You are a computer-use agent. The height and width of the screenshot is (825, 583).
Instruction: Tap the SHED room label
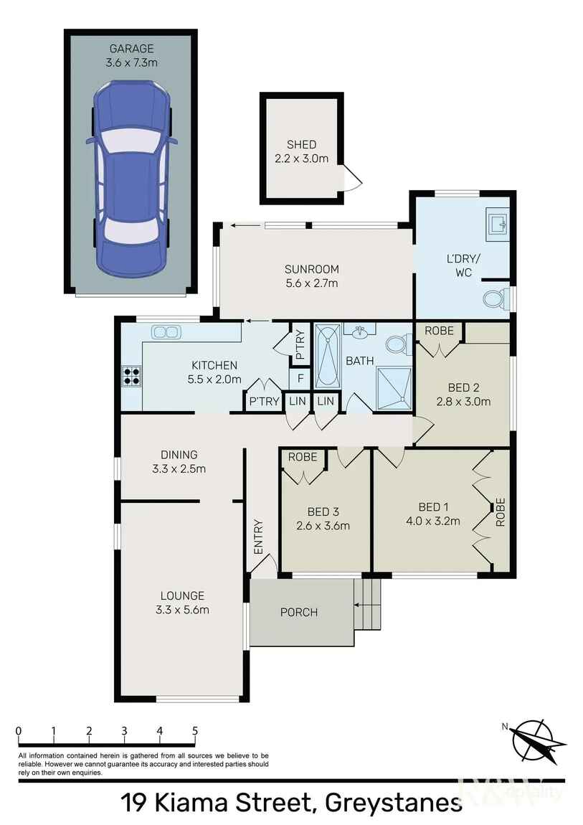(301, 144)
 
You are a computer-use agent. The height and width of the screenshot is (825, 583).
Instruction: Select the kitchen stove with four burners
(131, 377)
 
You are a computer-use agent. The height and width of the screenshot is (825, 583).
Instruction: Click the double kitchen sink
(166, 332)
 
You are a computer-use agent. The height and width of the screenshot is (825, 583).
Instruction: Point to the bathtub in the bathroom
(327, 357)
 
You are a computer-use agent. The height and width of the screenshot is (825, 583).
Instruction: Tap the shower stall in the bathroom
(394, 388)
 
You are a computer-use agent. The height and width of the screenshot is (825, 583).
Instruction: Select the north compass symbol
(536, 740)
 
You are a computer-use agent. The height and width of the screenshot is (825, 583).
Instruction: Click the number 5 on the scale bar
(195, 731)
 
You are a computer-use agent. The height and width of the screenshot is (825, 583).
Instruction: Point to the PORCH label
(298, 613)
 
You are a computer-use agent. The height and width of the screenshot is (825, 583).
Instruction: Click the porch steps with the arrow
(367, 605)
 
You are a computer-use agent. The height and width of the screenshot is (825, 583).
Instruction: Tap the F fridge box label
(300, 378)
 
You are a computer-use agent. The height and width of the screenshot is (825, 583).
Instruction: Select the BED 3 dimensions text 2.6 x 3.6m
(323, 526)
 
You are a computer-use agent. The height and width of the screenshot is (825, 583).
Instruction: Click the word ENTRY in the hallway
(258, 537)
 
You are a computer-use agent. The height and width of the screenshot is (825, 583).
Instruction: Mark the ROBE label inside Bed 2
(439, 331)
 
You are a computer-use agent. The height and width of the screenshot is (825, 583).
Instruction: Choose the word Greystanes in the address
(394, 803)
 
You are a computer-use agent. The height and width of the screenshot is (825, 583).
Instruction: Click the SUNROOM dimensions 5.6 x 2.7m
(312, 283)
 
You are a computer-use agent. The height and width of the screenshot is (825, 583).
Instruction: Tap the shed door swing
(351, 178)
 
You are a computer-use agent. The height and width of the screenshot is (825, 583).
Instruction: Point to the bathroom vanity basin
(360, 331)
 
